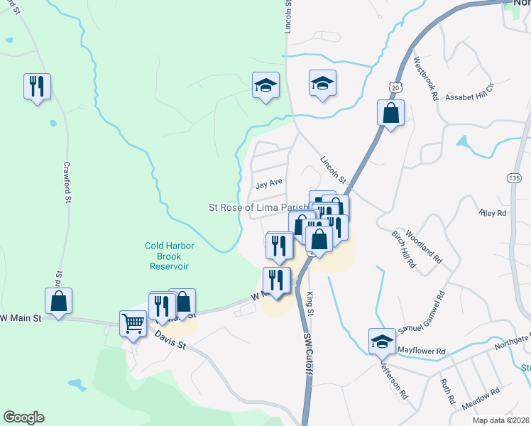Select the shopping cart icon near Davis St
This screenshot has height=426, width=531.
pos(133,324)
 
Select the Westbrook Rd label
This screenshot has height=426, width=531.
pos(425,77)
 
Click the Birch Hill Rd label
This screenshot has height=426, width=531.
pos(403,248)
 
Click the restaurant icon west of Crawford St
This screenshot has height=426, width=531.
pos(34,87)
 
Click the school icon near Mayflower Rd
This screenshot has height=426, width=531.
pos(382,342)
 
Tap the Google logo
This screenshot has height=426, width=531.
pos(24,417)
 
